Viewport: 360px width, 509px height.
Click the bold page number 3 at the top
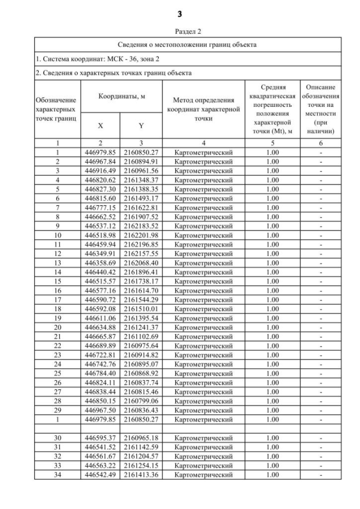pyautogui.click(x=180, y=13)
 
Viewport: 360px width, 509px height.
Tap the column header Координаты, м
pyautogui.click(x=122, y=97)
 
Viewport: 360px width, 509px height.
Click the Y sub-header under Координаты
pyautogui.click(x=141, y=127)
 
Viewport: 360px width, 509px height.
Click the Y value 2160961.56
pyautogui.click(x=141, y=170)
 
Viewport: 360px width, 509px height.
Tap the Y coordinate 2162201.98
pyautogui.click(x=141, y=235)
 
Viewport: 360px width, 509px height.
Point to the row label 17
pyautogui.click(x=57, y=299)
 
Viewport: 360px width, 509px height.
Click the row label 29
pyautogui.click(x=57, y=409)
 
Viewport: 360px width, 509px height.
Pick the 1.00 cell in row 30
pyautogui.click(x=273, y=438)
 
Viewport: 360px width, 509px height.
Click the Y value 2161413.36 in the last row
pyautogui.click(x=141, y=475)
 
